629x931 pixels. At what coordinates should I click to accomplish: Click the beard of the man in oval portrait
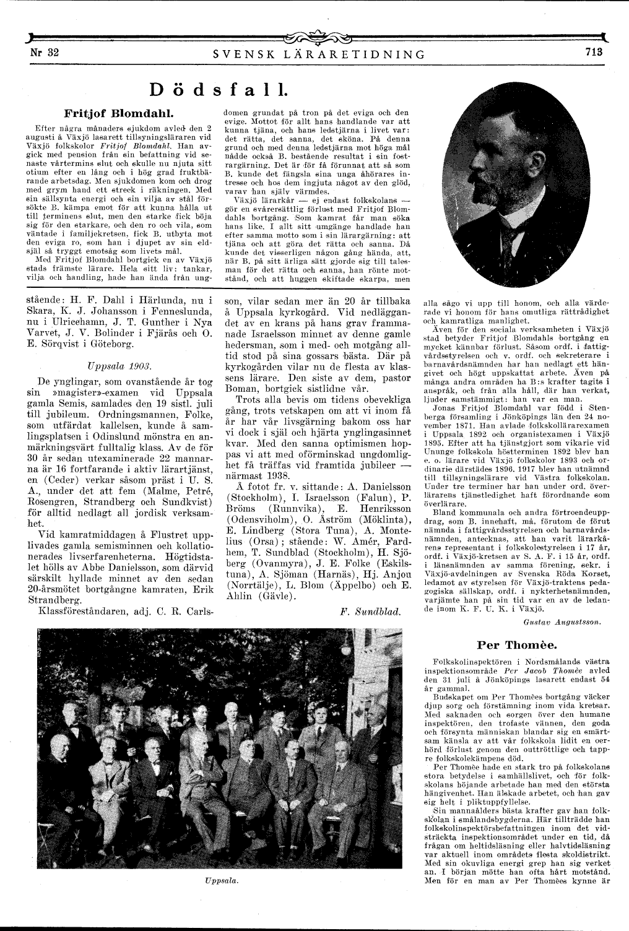click(x=489, y=203)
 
